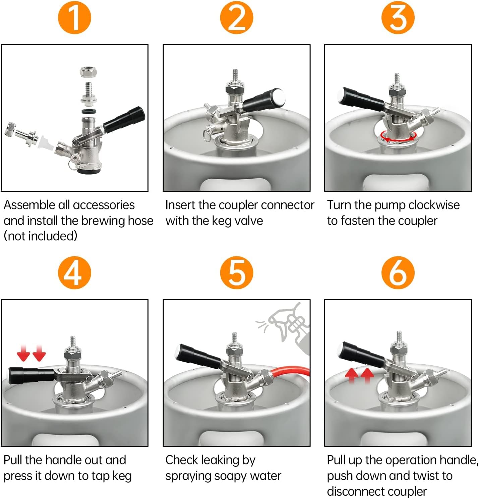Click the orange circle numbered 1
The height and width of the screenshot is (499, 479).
tap(74, 17)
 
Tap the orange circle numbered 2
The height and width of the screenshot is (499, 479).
tap(236, 17)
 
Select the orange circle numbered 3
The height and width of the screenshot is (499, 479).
tap(398, 17)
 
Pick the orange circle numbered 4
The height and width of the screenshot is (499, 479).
tap(74, 272)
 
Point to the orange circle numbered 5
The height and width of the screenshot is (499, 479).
tap(236, 272)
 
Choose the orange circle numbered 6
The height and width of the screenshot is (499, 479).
tap(398, 272)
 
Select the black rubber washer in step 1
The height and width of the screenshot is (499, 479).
tap(89, 112)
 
